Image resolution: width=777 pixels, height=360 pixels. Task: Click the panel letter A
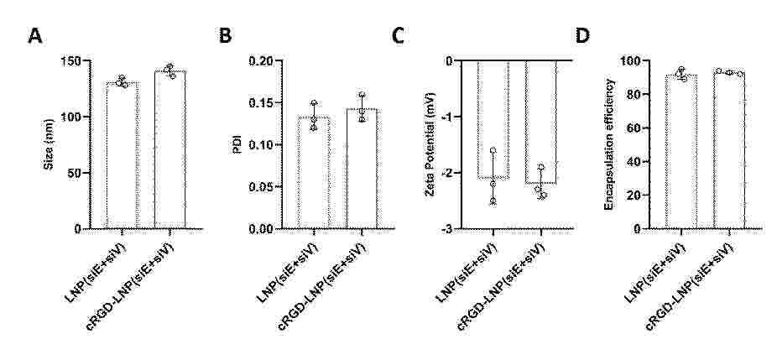[34, 36]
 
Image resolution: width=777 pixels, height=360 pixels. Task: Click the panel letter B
[225, 36]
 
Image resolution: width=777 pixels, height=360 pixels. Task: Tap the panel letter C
[399, 36]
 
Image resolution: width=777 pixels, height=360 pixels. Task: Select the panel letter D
[582, 36]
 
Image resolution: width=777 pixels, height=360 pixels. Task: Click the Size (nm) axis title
[49, 144]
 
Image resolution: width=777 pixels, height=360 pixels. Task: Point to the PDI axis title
[237, 144]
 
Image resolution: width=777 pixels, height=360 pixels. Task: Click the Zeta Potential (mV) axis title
[430, 145]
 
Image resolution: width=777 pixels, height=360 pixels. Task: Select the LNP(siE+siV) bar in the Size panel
[122, 155]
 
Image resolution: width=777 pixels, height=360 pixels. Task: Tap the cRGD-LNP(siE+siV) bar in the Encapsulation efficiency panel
[729, 150]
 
